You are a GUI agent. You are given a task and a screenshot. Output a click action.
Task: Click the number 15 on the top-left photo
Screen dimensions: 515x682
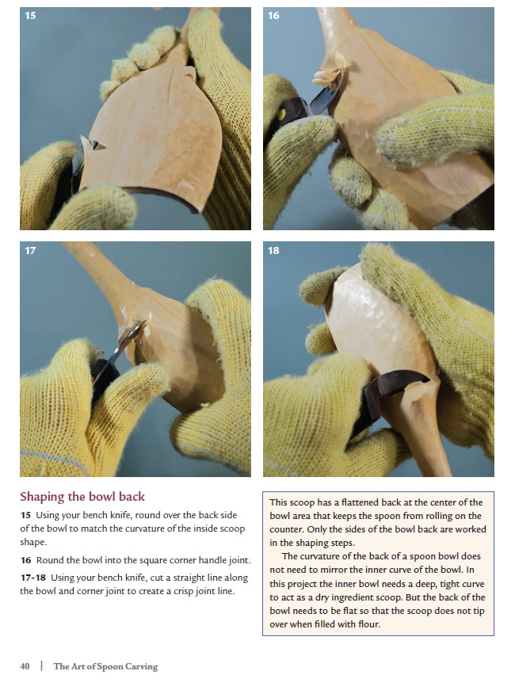click(x=30, y=16)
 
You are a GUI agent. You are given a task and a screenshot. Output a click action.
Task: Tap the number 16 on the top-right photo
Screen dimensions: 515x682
click(x=273, y=16)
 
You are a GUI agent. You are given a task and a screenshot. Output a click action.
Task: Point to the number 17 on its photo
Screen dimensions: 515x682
click(x=30, y=251)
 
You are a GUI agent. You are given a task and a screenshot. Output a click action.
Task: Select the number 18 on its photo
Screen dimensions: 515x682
click(x=273, y=251)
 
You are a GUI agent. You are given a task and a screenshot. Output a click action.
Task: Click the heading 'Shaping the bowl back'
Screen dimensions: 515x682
click(x=82, y=497)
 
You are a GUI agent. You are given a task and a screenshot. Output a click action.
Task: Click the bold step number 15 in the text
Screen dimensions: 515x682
click(x=25, y=515)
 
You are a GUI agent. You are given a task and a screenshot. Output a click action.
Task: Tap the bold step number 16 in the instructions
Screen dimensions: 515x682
click(x=25, y=560)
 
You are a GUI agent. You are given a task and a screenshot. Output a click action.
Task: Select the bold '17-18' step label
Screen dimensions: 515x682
click(x=33, y=578)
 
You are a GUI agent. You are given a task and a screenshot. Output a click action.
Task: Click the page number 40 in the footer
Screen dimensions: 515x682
click(x=25, y=666)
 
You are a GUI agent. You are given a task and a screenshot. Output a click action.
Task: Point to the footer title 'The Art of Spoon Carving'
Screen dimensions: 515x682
click(x=105, y=666)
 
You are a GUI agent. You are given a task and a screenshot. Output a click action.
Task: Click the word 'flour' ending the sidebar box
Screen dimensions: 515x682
click(x=369, y=624)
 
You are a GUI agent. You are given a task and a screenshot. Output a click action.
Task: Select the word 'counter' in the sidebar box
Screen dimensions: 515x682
click(x=286, y=529)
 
